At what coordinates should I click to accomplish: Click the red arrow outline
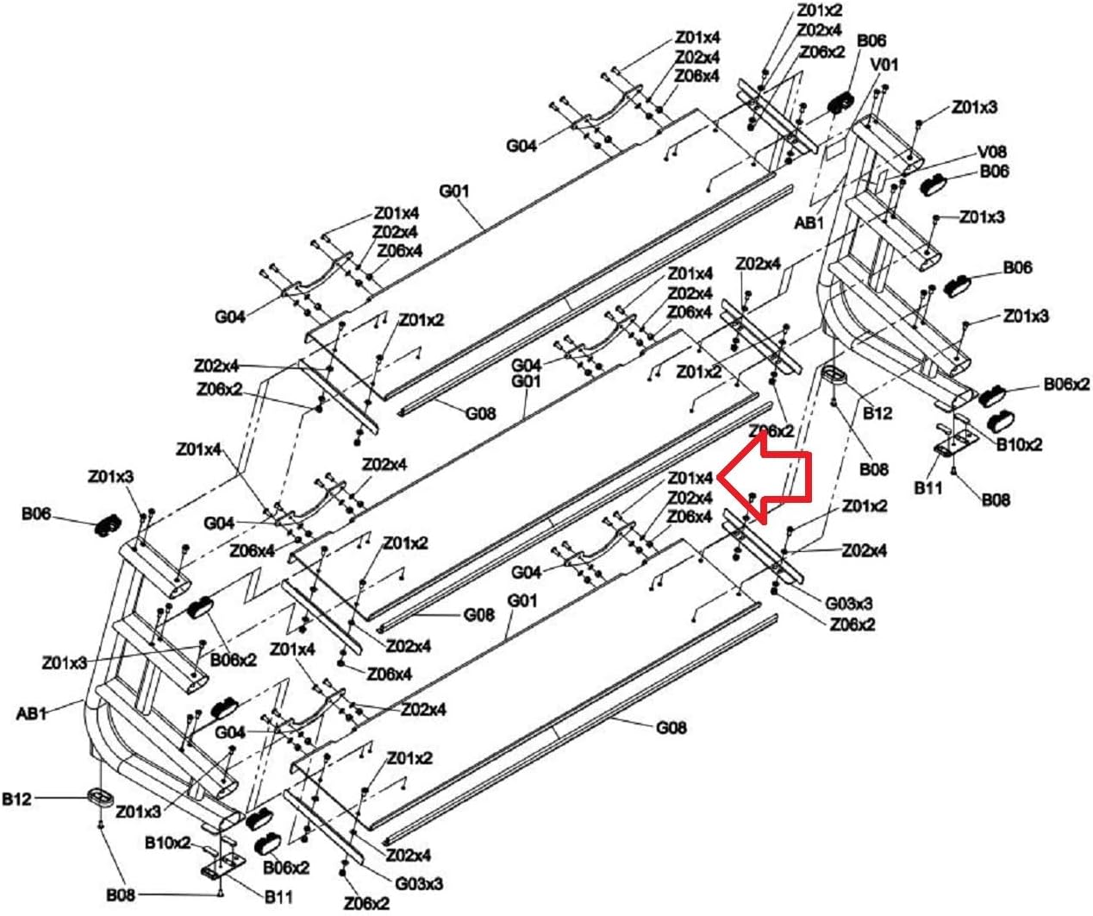point(765,479)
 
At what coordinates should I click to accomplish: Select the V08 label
point(992,152)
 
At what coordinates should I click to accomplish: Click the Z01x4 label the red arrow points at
point(690,478)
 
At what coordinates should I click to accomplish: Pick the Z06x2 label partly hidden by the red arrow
point(771,430)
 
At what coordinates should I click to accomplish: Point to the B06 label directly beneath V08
point(994,172)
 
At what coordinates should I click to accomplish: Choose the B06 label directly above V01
point(871,41)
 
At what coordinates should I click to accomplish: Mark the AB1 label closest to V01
point(809,223)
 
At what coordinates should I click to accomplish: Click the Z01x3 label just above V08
point(975,107)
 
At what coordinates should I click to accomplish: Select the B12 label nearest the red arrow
point(877,413)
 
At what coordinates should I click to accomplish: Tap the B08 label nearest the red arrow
point(874,468)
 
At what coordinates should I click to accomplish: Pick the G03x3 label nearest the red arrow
point(848,603)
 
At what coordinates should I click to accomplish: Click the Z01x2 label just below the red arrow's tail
point(865,506)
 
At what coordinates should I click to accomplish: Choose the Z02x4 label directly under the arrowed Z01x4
point(690,497)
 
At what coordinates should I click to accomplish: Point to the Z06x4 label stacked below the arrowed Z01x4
point(690,517)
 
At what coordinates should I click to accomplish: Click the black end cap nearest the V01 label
point(840,102)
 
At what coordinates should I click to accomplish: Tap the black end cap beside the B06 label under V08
point(934,185)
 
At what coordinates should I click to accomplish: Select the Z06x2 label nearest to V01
point(821,53)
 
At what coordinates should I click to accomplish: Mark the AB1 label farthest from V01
point(31,713)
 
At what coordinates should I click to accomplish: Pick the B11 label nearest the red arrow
point(928,488)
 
